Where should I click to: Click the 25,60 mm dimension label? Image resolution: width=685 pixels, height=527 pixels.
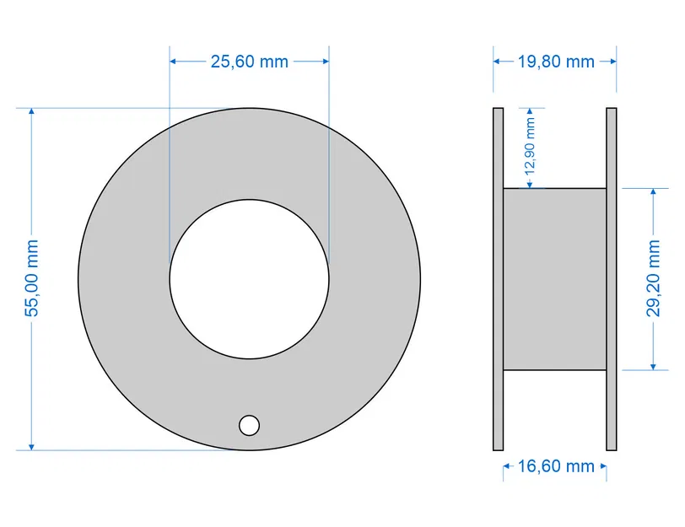tap(249, 62)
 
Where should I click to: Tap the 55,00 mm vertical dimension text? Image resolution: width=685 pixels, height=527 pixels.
tap(32, 278)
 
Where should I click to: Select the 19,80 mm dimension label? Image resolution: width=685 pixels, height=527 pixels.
tap(555, 62)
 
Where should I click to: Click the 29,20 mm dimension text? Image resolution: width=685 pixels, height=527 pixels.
tap(654, 278)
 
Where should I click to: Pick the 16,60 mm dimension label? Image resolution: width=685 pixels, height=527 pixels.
tap(555, 466)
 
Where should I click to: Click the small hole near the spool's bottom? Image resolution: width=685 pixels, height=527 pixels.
tap(249, 425)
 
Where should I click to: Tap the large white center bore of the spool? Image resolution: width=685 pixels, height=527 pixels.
tap(249, 278)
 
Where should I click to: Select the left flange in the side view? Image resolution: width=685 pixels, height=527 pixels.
tap(498, 278)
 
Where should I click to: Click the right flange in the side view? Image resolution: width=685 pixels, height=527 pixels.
tap(612, 278)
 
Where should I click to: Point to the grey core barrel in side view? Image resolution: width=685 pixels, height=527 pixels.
tap(555, 278)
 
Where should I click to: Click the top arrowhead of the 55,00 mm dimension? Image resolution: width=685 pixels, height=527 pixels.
tap(32, 113)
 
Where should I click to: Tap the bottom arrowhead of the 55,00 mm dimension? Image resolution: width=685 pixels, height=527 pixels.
tap(32, 445)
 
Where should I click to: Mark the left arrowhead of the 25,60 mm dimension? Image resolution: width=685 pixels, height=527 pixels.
tap(175, 62)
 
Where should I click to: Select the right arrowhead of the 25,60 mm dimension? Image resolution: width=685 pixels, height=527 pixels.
tap(324, 62)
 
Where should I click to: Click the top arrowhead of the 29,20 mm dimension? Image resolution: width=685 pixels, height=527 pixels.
tap(654, 193)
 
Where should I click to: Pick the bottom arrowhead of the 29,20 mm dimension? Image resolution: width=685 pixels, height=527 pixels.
tap(654, 365)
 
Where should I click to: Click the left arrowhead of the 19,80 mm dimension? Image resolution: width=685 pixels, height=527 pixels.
tap(497, 62)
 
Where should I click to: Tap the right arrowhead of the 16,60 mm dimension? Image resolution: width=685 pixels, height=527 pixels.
tap(602, 466)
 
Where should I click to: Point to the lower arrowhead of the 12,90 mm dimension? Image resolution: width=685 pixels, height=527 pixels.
tap(530, 184)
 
